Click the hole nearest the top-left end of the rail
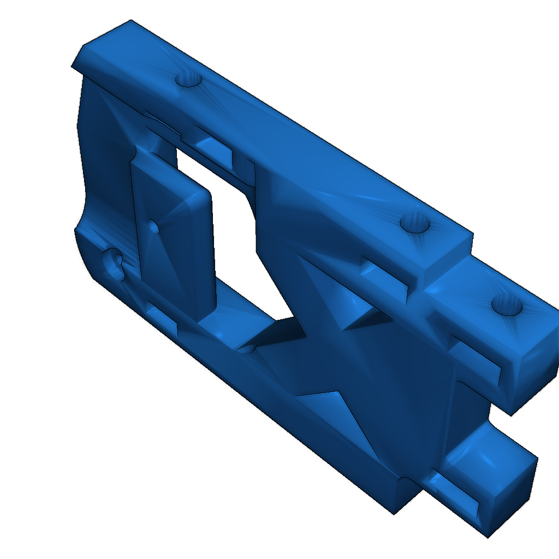(x=189, y=80)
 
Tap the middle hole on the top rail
(x=417, y=223)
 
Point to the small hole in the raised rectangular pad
(x=154, y=226)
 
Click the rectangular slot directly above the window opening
(x=216, y=151)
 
